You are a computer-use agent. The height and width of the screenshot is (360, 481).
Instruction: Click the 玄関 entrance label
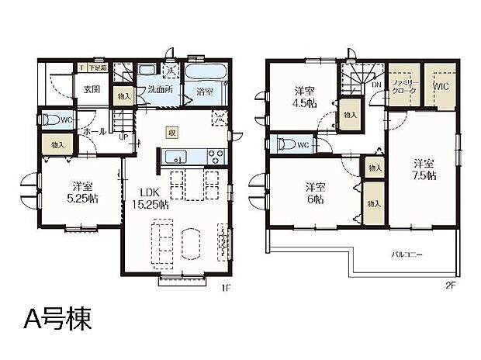click(x=92, y=89)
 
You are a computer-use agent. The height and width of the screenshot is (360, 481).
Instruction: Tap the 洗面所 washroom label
click(x=160, y=89)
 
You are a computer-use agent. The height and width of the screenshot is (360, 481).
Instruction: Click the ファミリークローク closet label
click(x=404, y=86)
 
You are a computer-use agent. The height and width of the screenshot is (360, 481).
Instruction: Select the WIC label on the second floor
click(x=441, y=86)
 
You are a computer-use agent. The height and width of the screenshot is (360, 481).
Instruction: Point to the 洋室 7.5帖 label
click(x=423, y=169)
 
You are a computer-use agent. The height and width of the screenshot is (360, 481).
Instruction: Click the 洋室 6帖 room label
click(x=314, y=192)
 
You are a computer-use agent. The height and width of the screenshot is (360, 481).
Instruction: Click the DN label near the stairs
click(x=376, y=85)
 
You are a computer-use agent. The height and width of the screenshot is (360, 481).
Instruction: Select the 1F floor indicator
click(x=227, y=288)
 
